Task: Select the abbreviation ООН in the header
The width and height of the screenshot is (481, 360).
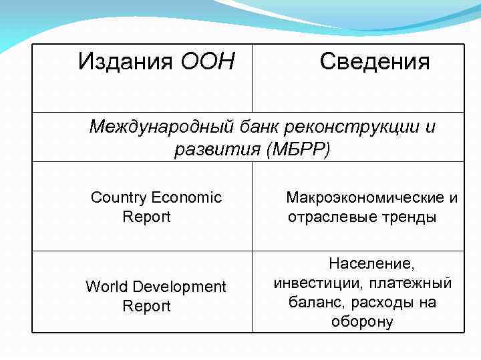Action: [x=208, y=62]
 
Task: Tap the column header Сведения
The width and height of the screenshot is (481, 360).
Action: [x=375, y=62]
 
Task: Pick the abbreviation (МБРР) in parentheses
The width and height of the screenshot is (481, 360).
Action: [x=297, y=149]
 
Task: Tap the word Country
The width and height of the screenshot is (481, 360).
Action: [x=119, y=197]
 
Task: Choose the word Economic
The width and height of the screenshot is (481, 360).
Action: [x=186, y=197]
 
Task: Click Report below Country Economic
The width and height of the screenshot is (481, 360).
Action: [x=147, y=217]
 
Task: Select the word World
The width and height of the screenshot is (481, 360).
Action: [x=107, y=287]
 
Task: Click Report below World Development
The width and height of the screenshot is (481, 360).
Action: [x=147, y=307]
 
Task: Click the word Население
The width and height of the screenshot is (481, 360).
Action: [x=362, y=264]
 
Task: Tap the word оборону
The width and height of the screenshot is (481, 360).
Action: [x=362, y=322]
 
